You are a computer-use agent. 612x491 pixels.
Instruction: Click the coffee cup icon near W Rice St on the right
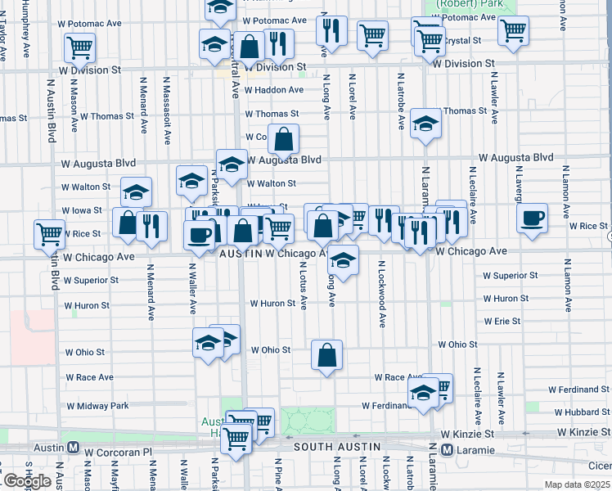pyautogui.click(x=533, y=218)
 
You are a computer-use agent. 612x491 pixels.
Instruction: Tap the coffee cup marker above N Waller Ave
pyautogui.click(x=199, y=235)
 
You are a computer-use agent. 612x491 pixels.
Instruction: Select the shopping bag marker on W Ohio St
pyautogui.click(x=326, y=355)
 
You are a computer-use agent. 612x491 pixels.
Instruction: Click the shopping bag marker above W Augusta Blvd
pyautogui.click(x=283, y=140)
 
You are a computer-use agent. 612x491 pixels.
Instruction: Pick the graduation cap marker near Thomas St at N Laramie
pyautogui.click(x=425, y=124)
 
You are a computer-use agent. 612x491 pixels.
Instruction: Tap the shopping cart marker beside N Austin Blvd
pyautogui.click(x=50, y=234)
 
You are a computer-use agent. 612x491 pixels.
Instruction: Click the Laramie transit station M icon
pyautogui.click(x=447, y=449)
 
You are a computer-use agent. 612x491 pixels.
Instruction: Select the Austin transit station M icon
pyautogui.click(x=73, y=449)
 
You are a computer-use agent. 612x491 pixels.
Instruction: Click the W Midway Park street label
pyautogui.click(x=97, y=406)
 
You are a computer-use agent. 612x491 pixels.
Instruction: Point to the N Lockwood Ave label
pyautogui.click(x=381, y=294)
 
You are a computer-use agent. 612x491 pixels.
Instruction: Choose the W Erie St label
pyautogui.click(x=502, y=322)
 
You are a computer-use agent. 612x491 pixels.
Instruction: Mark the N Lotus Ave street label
pyautogui.click(x=304, y=286)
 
